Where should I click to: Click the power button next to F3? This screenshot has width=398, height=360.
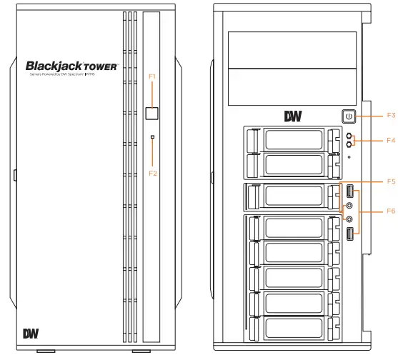click(x=348, y=116)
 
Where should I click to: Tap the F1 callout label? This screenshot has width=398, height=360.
click(x=151, y=75)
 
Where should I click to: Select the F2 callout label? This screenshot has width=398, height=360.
click(x=151, y=173)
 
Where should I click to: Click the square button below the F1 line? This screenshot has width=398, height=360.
click(x=151, y=113)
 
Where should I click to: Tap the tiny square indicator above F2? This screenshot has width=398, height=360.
click(x=151, y=136)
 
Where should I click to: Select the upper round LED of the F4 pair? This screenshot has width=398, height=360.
click(x=349, y=134)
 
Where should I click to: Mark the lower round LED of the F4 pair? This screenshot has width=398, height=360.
click(x=349, y=144)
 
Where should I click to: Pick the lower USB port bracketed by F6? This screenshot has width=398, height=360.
click(x=349, y=234)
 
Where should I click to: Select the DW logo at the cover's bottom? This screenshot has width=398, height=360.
click(x=31, y=333)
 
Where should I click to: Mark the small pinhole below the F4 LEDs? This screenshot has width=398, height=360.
click(x=349, y=156)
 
